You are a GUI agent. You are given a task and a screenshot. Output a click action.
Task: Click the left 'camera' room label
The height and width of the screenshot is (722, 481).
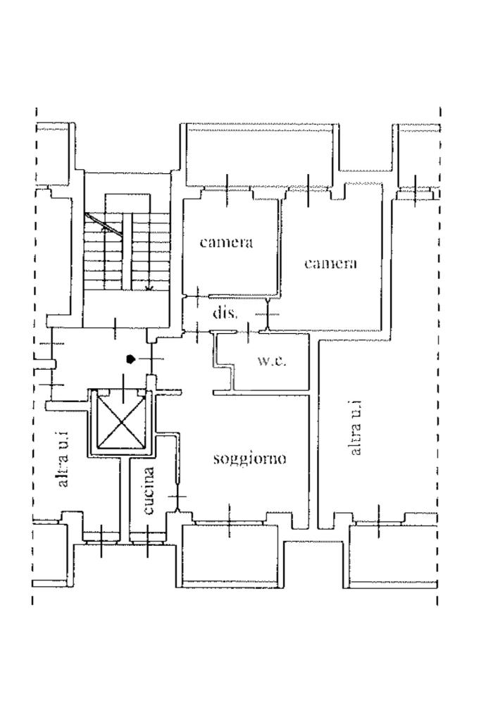tap(226, 242)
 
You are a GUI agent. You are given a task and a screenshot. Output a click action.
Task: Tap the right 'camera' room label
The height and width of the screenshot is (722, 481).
tap(330, 263)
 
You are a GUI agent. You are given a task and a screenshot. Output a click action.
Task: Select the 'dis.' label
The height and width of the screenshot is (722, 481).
tap(225, 312)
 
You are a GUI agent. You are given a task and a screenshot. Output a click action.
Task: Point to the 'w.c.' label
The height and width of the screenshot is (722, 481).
tap(271, 361)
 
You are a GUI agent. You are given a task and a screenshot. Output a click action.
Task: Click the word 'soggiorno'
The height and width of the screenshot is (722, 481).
tap(249, 459)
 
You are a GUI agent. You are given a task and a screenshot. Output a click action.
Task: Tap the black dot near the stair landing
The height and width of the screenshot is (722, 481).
tap(130, 359)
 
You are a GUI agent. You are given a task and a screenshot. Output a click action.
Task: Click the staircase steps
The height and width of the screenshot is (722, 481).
tap(127, 250)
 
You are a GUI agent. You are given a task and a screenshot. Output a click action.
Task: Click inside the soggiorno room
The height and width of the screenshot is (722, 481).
tap(246, 486)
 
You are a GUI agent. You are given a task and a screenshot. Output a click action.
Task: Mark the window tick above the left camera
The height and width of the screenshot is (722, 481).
tap(227, 189)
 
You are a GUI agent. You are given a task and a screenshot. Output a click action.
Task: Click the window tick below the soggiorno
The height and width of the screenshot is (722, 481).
tap(230, 522)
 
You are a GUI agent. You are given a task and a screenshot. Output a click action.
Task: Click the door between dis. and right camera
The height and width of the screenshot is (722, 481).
tap(267, 314)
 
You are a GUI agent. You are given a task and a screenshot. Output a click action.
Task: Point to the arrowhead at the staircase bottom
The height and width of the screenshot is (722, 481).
tap(149, 287)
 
